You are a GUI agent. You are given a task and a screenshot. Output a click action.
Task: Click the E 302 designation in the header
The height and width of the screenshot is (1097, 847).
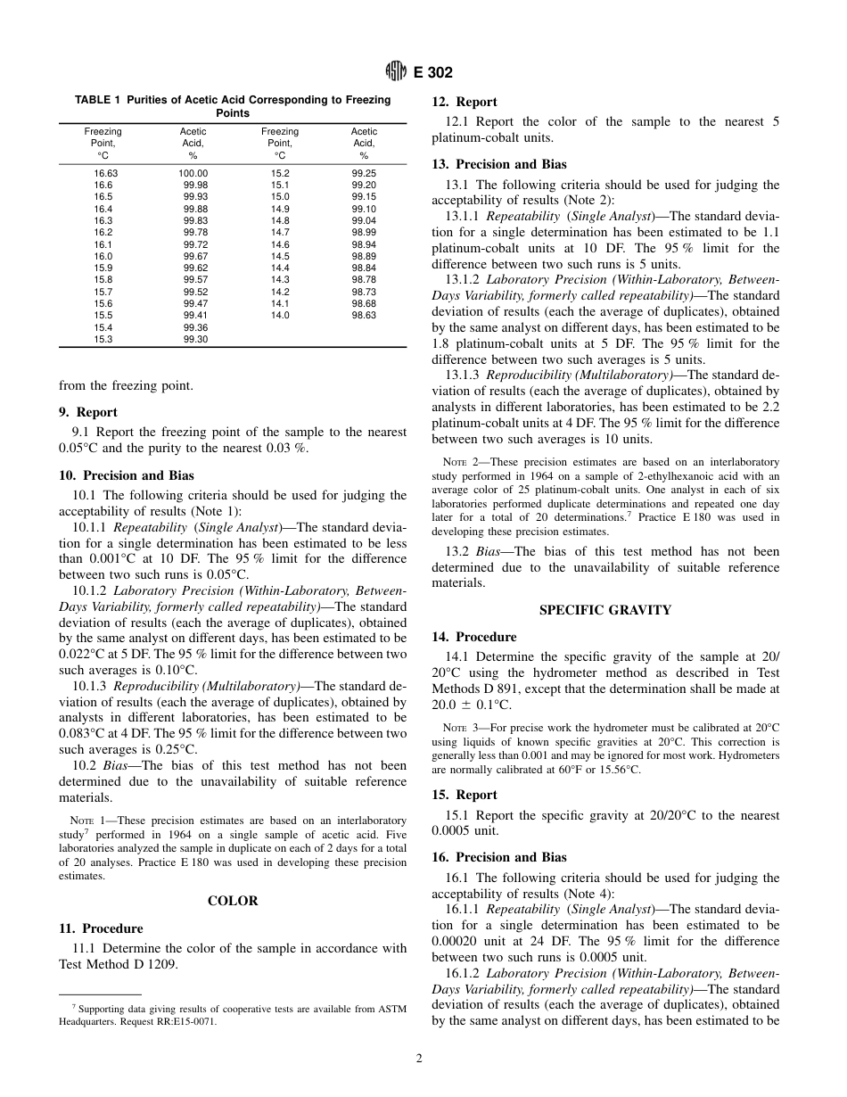[x=432, y=73]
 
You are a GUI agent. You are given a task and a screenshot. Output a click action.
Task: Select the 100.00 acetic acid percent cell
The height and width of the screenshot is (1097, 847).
[x=193, y=174]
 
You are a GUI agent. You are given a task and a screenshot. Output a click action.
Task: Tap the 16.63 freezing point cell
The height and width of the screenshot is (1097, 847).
[x=104, y=174]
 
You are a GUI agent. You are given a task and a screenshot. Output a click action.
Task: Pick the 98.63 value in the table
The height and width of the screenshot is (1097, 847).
[x=364, y=316]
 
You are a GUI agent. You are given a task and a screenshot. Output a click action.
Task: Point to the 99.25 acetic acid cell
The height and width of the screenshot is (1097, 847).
[x=364, y=174]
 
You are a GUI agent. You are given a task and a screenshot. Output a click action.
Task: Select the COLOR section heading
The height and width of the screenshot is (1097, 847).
[x=233, y=901]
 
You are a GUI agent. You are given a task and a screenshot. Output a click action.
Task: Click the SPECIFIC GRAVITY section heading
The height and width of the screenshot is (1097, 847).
[x=605, y=610]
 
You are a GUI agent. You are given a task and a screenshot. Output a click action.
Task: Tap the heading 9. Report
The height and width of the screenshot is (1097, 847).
[x=87, y=412]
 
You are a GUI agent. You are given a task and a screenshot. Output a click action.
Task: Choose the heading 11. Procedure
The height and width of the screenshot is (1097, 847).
[x=100, y=928]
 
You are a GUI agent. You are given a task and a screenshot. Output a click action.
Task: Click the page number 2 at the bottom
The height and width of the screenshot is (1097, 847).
[x=418, y=1059]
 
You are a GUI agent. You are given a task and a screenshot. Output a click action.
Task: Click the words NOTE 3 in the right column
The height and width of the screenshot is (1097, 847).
[x=459, y=729]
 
